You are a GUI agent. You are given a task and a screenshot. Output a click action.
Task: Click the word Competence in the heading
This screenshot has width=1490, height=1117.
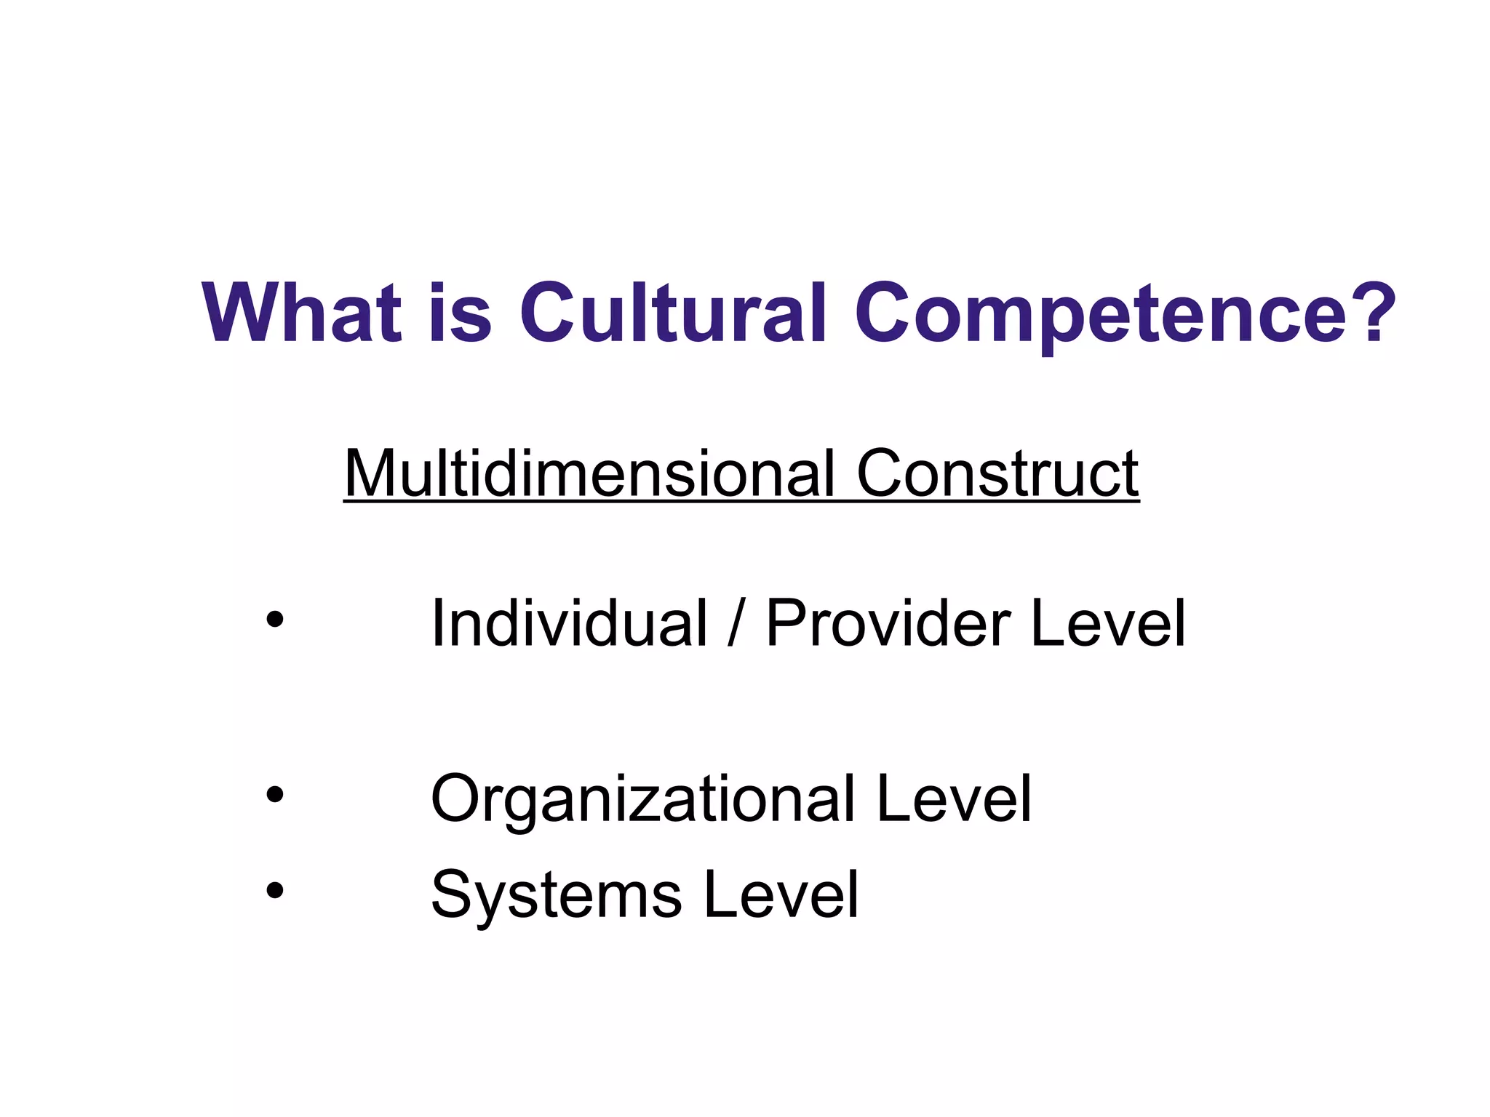pos(1101,314)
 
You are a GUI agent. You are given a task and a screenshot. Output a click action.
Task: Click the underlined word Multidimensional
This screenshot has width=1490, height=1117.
pos(589,473)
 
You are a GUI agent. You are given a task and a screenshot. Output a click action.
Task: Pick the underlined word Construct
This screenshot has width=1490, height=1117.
pos(997,473)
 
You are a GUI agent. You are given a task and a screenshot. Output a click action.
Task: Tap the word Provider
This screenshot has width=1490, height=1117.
pos(888,623)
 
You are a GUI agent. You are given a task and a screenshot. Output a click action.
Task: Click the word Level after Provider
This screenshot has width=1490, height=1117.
pos(1108,623)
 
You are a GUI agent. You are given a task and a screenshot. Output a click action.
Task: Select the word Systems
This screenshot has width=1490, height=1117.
pos(557,896)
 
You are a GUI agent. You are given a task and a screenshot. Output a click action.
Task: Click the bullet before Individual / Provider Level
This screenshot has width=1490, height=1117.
pos(274,620)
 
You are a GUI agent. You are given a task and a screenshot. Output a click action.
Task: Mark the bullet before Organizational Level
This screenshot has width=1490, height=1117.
pos(274,795)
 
